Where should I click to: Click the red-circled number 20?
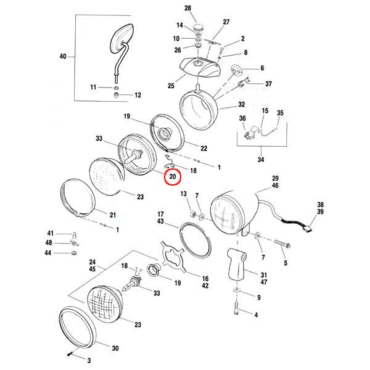173,177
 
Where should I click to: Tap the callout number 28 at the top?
188,7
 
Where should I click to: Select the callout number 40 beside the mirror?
62,57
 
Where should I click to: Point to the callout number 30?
115,348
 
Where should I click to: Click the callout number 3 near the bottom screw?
89,360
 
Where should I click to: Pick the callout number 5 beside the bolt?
286,263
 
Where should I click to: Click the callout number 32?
242,105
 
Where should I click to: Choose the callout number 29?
275,178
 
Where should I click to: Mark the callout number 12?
138,95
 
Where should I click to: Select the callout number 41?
51,232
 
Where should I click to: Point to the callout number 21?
112,215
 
